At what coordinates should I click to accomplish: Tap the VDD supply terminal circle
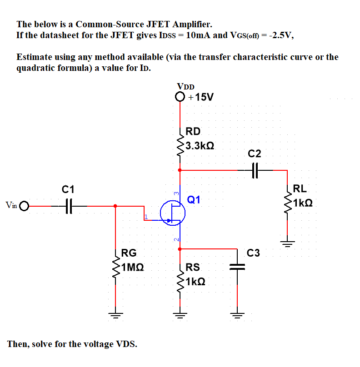(x=180, y=97)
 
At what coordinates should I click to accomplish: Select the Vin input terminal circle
(x=24, y=206)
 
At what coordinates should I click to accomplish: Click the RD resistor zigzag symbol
(x=180, y=145)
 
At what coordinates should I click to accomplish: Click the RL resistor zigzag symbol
(x=288, y=203)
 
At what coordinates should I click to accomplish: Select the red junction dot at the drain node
(x=180, y=170)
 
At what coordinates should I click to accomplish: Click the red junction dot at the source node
(x=180, y=249)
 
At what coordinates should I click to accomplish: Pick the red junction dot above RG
(x=116, y=206)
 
